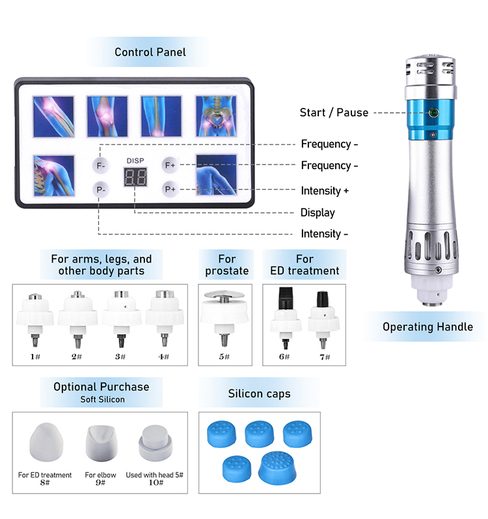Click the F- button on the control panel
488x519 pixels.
point(101,165)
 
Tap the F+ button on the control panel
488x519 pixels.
point(170,165)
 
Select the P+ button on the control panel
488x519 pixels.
point(170,190)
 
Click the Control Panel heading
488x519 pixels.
point(150,52)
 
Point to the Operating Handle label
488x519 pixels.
point(427,326)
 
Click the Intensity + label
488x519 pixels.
point(325,191)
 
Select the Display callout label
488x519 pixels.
point(318,213)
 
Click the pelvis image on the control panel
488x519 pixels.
point(215,116)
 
